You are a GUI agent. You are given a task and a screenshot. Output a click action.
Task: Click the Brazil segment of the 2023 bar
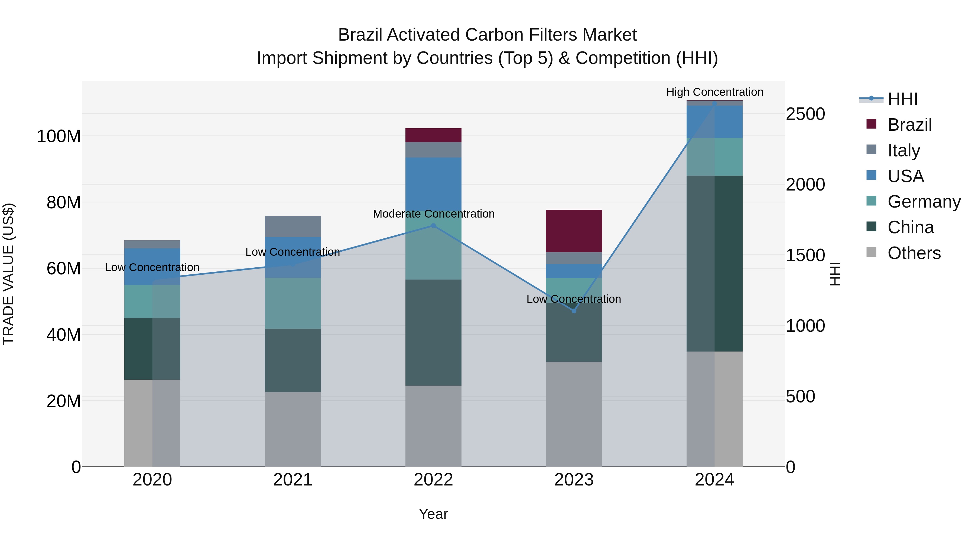tap(574, 231)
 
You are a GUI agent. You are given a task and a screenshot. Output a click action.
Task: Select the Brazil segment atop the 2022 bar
tap(433, 135)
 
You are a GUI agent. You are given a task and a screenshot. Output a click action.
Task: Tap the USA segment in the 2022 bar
tap(433, 184)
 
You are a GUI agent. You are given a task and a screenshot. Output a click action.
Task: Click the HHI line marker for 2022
tap(433, 226)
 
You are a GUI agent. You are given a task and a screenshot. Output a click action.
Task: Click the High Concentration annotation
tap(715, 92)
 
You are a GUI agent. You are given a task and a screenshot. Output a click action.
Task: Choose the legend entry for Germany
tap(924, 202)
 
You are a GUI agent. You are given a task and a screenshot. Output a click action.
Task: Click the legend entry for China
tap(910, 227)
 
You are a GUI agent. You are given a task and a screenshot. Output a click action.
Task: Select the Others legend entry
tap(914, 253)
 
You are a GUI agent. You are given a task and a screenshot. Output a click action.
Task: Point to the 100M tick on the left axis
tap(59, 136)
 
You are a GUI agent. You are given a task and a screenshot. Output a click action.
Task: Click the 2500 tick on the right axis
tap(805, 114)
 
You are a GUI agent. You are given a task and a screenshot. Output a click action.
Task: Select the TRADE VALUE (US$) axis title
tap(9, 274)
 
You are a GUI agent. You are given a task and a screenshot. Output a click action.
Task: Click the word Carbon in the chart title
tap(493, 35)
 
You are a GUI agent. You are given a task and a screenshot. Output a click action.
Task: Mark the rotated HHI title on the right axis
tap(835, 274)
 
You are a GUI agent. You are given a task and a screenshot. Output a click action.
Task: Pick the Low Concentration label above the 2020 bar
tap(152, 267)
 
